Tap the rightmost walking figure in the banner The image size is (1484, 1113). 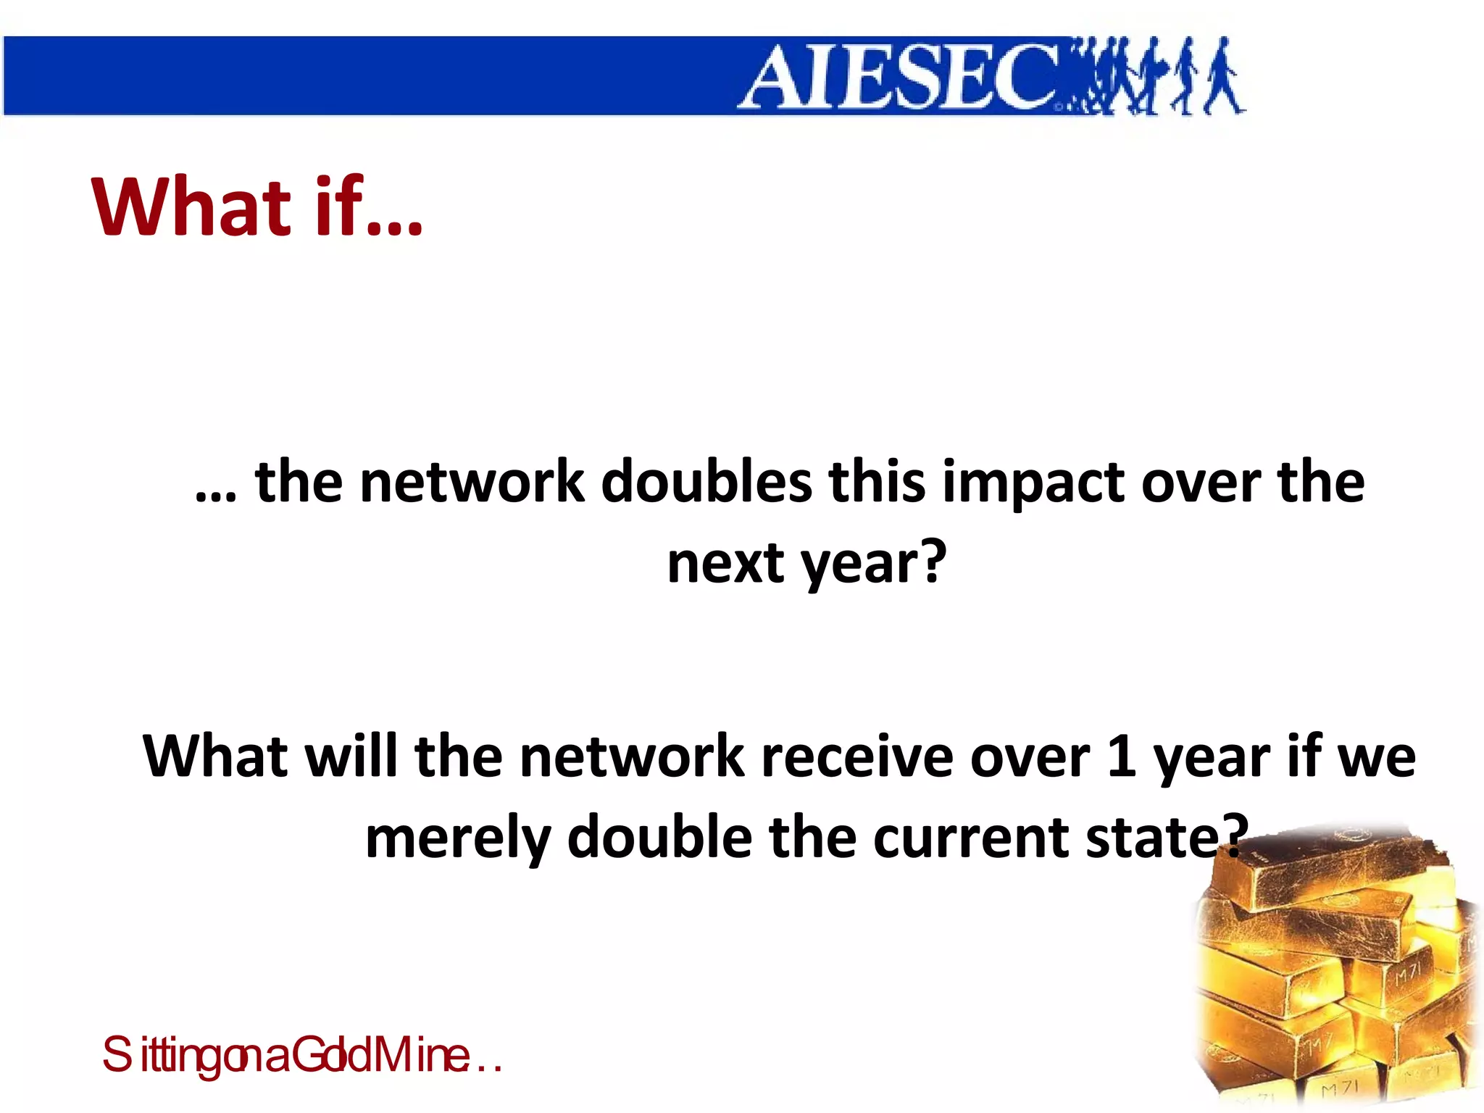point(1224,77)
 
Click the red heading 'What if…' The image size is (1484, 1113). point(257,207)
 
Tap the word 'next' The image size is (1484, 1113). point(725,564)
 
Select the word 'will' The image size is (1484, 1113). point(351,756)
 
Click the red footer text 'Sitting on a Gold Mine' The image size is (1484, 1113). point(301,1055)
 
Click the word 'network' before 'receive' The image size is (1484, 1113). point(631,756)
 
